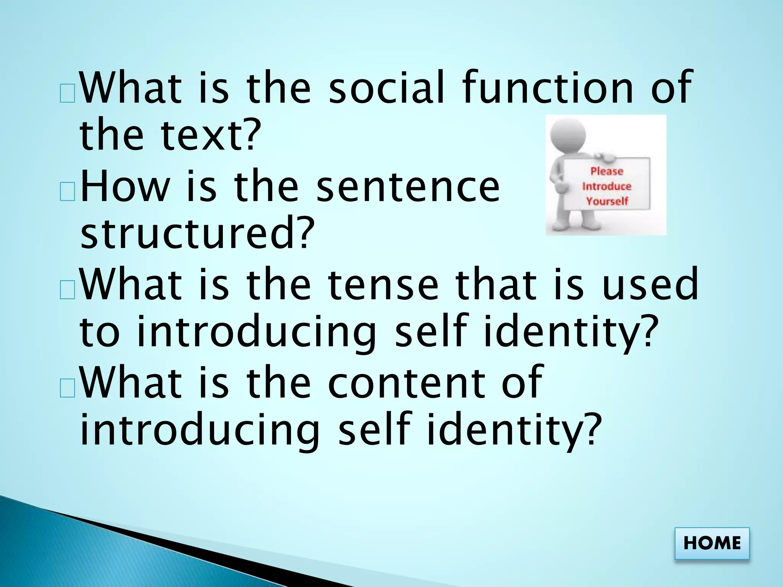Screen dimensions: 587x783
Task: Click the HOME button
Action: pos(712,543)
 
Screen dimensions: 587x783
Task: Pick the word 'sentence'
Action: pos(408,187)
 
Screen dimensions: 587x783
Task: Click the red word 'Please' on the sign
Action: pos(607,171)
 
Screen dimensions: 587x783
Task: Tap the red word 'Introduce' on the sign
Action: pos(606,186)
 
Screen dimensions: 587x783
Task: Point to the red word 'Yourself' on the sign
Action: pos(607,201)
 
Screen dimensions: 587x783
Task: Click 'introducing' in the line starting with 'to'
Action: pos(257,331)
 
